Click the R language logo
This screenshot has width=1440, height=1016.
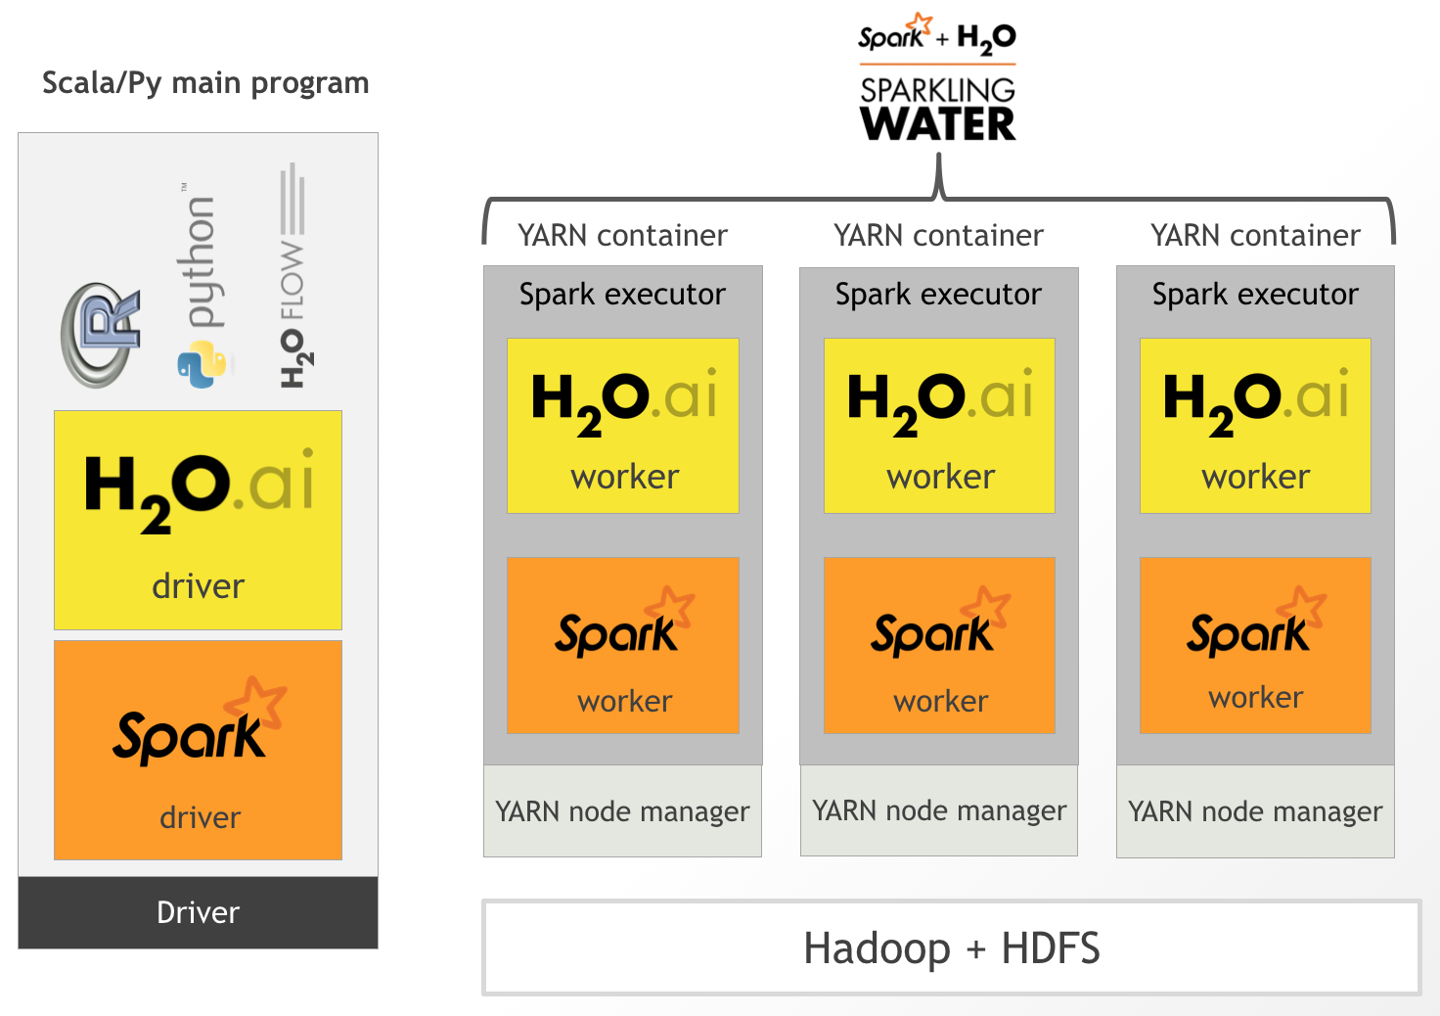pos(99,336)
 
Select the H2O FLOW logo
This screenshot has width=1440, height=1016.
pos(292,279)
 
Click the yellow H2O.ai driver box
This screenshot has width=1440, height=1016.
pos(198,520)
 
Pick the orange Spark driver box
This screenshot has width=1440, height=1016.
pos(198,750)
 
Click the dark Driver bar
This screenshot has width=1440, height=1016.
pos(198,912)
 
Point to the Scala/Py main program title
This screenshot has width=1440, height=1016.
pos(205,83)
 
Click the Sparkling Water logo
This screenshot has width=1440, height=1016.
pos(937,82)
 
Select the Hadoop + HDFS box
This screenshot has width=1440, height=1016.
pos(951,947)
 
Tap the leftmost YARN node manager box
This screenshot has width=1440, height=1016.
pos(622,811)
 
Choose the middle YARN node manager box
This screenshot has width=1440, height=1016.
pos(939,810)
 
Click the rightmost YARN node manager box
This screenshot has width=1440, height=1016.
pos(1255,811)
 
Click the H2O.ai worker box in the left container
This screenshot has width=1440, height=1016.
pos(623,426)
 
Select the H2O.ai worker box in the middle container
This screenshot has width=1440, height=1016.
pos(939,426)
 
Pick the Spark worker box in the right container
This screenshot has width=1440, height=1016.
pos(1255,645)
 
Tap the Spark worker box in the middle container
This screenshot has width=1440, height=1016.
pos(939,645)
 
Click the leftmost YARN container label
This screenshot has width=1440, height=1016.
pos(622,236)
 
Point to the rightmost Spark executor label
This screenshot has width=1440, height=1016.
pos(1255,295)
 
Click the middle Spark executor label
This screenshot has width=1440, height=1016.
pos(938,295)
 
